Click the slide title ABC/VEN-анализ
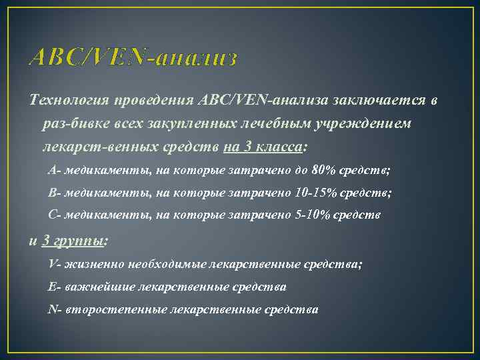pos(133,58)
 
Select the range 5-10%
pos(313,215)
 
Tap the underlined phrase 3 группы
pos(73,240)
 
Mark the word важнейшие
pos(101,287)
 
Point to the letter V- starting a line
pos(55,264)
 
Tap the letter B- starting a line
pos(55,193)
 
